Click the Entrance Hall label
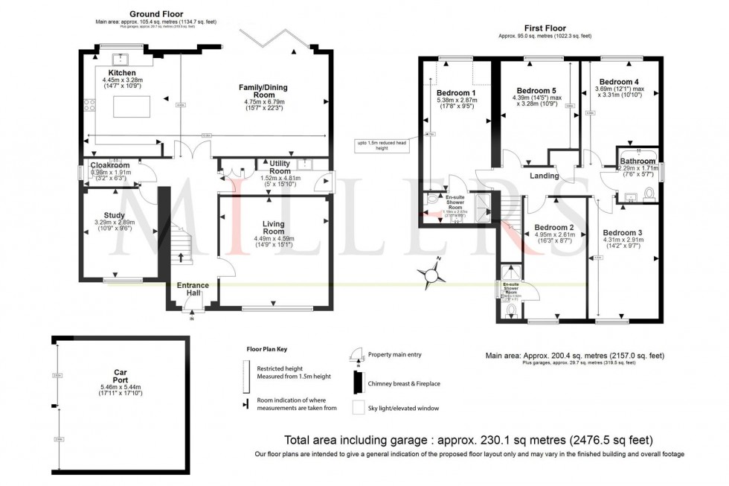click(192, 289)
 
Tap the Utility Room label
click(280, 167)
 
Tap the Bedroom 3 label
click(623, 231)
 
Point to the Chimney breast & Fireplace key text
click(403, 383)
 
